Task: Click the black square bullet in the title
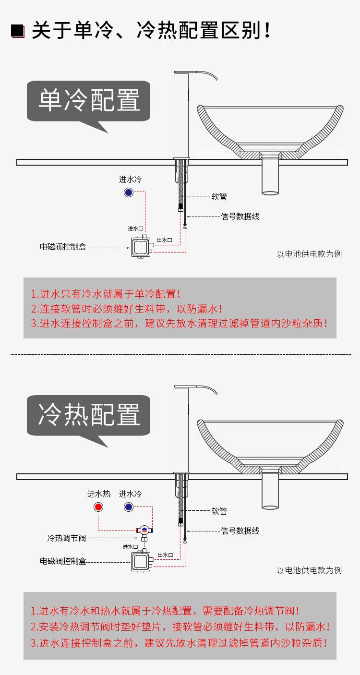click(x=17, y=31)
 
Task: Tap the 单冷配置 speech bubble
click(x=88, y=101)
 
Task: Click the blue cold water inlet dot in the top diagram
click(x=128, y=193)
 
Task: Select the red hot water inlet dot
click(x=98, y=507)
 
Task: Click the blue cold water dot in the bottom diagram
click(x=128, y=507)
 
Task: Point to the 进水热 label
click(x=98, y=494)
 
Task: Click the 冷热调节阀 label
click(x=66, y=538)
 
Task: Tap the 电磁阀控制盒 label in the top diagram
click(x=63, y=247)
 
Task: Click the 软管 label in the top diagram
click(x=219, y=197)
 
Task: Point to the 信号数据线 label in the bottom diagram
click(x=240, y=530)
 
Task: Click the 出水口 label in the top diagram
click(x=164, y=240)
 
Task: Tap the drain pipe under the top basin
click(x=270, y=177)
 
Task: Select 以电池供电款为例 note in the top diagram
click(x=309, y=254)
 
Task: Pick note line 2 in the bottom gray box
click(x=180, y=627)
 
